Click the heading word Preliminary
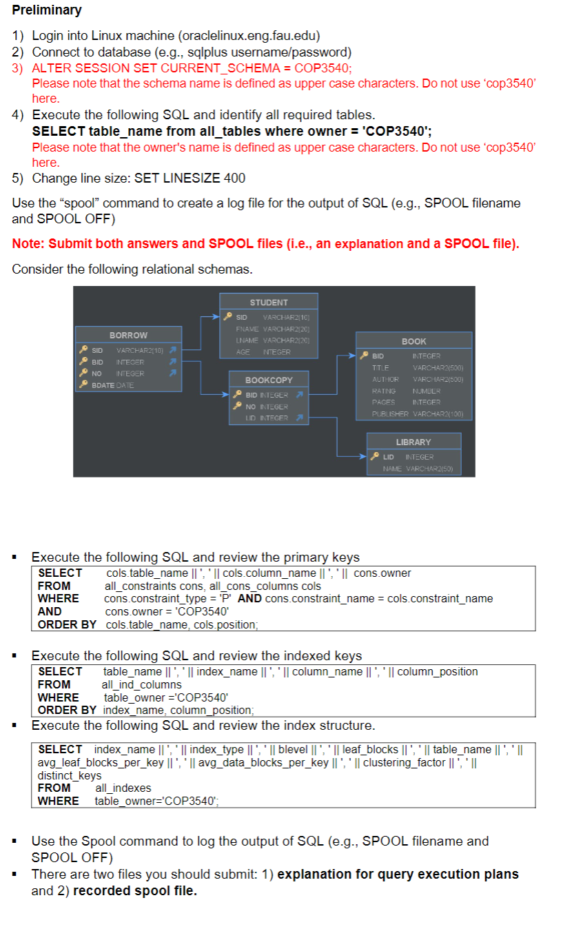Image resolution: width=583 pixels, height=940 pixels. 47,10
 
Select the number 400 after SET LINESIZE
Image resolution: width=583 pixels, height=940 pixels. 234,178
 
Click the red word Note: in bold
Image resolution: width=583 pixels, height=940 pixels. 30,243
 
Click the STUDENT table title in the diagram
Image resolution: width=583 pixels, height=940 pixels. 269,303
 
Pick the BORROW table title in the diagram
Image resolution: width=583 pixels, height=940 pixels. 128,335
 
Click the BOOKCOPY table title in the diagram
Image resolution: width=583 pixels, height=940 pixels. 269,380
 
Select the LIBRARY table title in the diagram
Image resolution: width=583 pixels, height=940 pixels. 413,442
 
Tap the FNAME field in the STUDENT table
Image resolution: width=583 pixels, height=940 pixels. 247,329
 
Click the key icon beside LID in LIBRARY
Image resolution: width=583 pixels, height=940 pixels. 375,457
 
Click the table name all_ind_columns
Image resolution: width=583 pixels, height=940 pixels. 141,684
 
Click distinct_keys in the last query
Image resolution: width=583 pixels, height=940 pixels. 69,775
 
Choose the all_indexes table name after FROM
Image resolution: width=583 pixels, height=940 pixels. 123,788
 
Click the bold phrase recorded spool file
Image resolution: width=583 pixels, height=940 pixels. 135,890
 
